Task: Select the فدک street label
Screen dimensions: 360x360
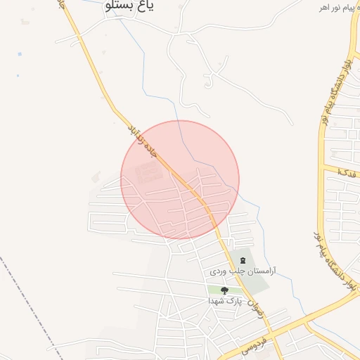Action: click(x=347, y=172)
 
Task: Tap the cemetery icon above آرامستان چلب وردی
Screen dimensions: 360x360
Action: click(x=243, y=260)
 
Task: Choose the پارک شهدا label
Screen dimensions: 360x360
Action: click(x=224, y=300)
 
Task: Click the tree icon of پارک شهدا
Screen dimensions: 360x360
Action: click(x=224, y=290)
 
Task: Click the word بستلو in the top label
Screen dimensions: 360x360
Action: click(x=120, y=6)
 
